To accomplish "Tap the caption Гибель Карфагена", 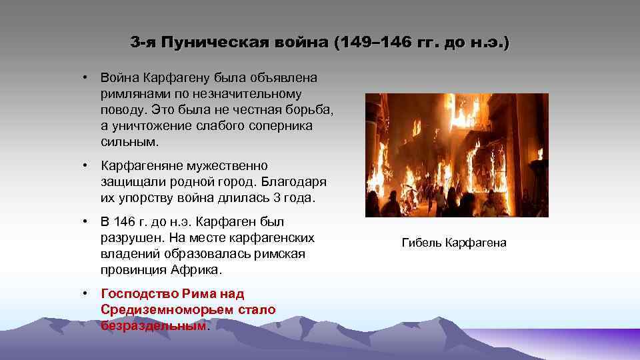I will [x=454, y=243].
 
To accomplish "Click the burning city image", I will [x=457, y=155].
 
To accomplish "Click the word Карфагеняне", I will [x=143, y=165].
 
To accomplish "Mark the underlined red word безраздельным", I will [x=154, y=325].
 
